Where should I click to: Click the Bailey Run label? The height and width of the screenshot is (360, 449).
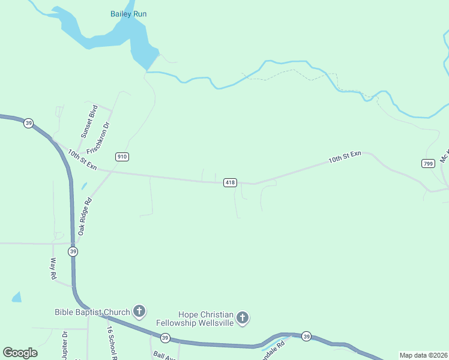coord(128,14)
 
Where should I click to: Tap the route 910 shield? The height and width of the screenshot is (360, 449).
coord(122,157)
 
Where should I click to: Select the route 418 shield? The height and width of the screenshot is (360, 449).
coord(230,182)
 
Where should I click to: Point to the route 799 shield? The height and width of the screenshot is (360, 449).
coord(428,163)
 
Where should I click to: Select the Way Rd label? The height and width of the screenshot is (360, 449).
coord(53,268)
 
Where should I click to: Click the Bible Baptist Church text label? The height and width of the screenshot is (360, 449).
coord(92,312)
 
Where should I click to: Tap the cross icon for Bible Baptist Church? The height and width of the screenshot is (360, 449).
coord(139,311)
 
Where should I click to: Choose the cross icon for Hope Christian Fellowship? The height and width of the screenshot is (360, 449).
coord(243,318)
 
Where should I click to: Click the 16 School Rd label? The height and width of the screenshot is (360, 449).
coord(112,343)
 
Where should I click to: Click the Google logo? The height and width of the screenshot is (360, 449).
coord(20,352)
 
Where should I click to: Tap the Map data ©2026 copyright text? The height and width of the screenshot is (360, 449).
coord(424,355)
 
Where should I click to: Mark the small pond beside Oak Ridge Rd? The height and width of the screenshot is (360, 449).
coord(84,187)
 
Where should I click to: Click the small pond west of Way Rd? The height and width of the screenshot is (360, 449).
coord(16,296)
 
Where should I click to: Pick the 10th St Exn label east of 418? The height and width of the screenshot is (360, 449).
coord(345,157)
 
